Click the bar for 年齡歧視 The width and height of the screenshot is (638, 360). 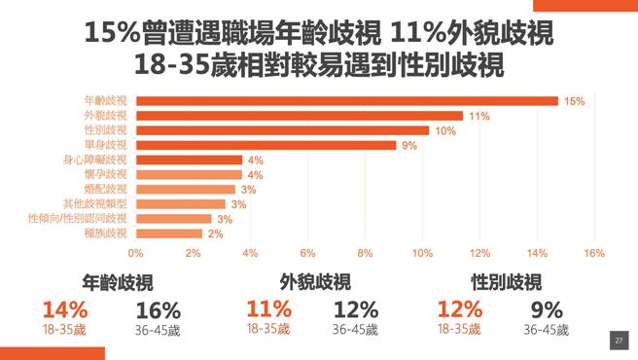pyautogui.click(x=346, y=101)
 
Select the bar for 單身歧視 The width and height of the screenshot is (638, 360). pyautogui.click(x=266, y=145)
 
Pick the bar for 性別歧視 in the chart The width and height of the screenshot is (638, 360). pyautogui.click(x=282, y=130)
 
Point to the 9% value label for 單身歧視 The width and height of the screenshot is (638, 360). pyautogui.click(x=408, y=146)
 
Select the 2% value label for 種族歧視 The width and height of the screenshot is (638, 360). pyautogui.click(x=215, y=234)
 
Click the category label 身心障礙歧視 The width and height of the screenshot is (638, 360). pyautogui.click(x=95, y=160)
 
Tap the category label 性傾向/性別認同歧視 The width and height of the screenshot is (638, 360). pyautogui.click(x=78, y=219)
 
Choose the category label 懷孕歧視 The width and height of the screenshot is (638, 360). pyautogui.click(x=108, y=174)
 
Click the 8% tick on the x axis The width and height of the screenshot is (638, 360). pyautogui.click(x=365, y=253)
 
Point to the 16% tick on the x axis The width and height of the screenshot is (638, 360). pyautogui.click(x=593, y=253)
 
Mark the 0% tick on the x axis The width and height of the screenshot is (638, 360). pyautogui.click(x=136, y=253)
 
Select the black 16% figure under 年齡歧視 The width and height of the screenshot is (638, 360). pyautogui.click(x=158, y=310)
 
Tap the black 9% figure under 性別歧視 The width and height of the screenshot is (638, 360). pyautogui.click(x=547, y=310)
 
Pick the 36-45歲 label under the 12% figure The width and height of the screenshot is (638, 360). pyautogui.click(x=355, y=330)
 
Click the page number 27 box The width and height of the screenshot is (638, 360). pyautogui.click(x=619, y=342)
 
